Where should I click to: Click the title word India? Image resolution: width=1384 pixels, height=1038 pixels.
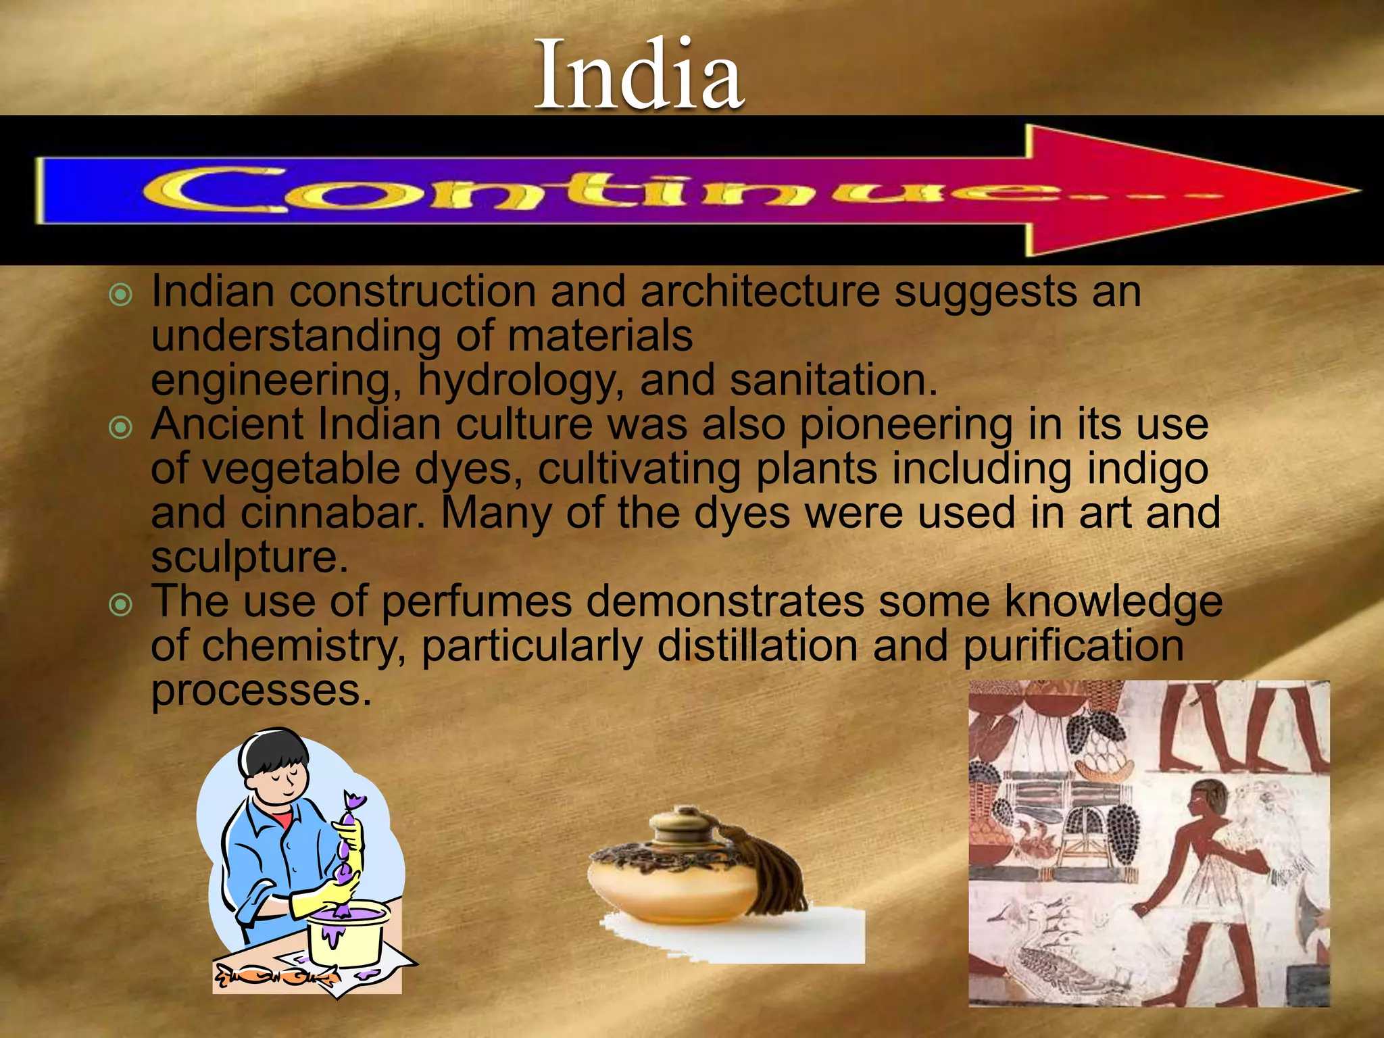tap(639, 74)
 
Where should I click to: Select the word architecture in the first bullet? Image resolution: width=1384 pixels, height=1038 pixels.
tap(760, 292)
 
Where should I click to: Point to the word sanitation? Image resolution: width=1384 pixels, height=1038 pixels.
tap(834, 380)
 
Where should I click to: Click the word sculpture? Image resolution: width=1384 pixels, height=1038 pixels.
tap(249, 558)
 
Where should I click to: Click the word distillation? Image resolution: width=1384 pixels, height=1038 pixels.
tap(757, 646)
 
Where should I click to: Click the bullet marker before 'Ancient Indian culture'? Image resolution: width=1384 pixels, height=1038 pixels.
tap(120, 427)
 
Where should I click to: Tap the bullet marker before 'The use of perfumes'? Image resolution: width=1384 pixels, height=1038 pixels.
tap(120, 604)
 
